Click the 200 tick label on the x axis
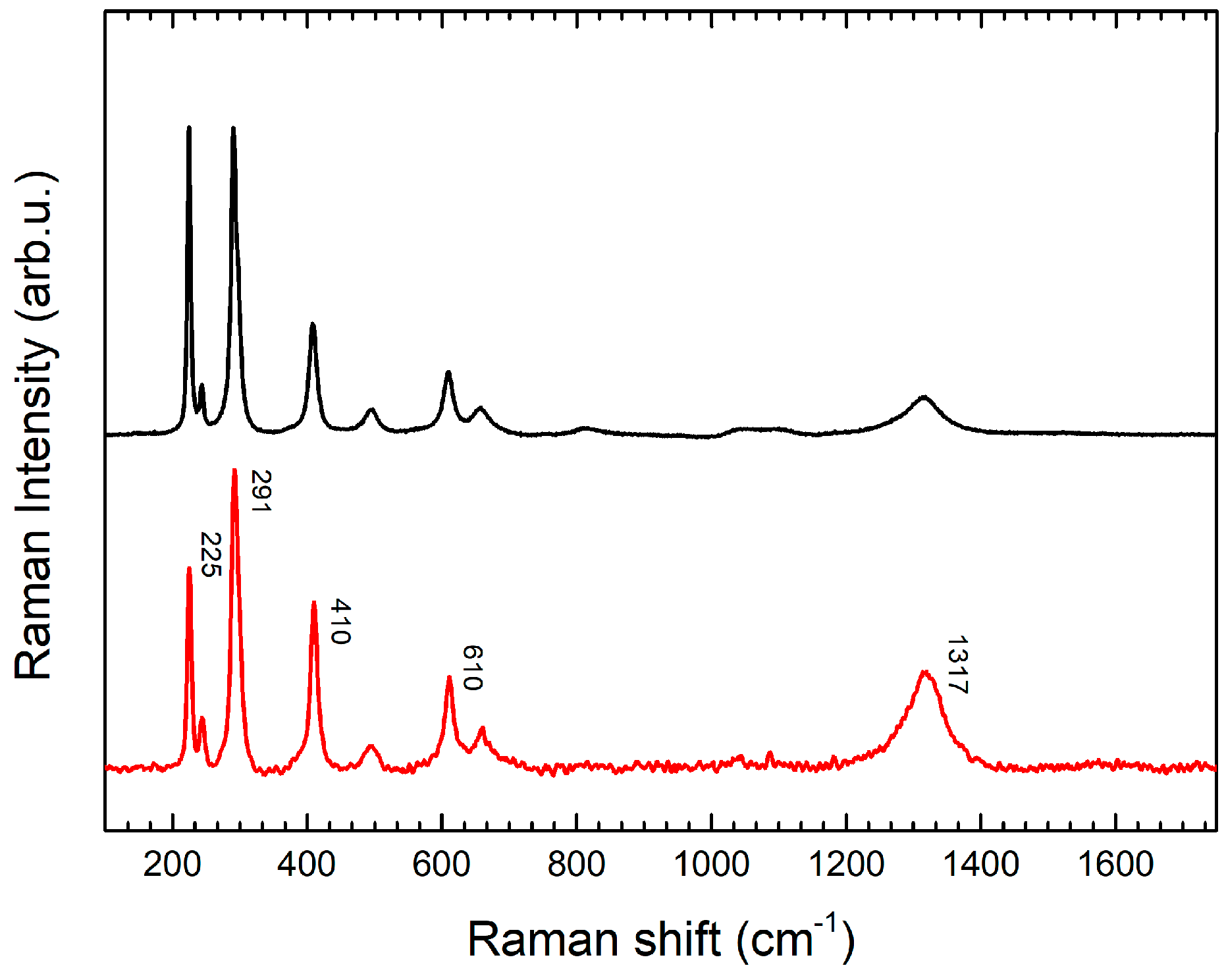[172, 865]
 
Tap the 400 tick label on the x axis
[306, 865]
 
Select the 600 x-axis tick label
[441, 865]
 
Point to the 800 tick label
[576, 865]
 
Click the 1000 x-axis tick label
[711, 865]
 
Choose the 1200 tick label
[846, 865]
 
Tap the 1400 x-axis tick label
[981, 865]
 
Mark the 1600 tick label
[1115, 865]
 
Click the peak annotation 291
[261, 491]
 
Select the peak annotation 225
[211, 555]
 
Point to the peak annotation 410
[341, 621]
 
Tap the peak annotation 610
[473, 667]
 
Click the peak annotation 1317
[957, 665]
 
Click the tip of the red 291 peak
[234, 470]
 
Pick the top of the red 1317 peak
[925, 672]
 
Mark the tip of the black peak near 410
[313, 324]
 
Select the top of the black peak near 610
[448, 373]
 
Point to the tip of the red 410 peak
[314, 603]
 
